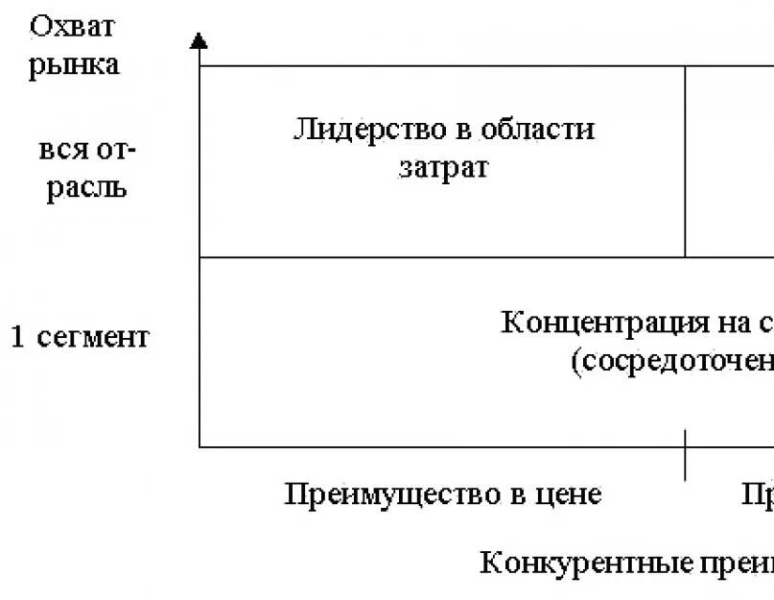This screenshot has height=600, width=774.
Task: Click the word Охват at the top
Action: pos(72,26)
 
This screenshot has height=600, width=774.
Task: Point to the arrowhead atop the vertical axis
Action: pos(199,40)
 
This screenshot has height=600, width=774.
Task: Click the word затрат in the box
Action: pos(444,168)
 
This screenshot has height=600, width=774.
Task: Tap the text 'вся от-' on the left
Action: pos(87,151)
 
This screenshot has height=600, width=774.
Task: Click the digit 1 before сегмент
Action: pos(18,337)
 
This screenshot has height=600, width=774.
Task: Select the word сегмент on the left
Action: pos(93,338)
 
